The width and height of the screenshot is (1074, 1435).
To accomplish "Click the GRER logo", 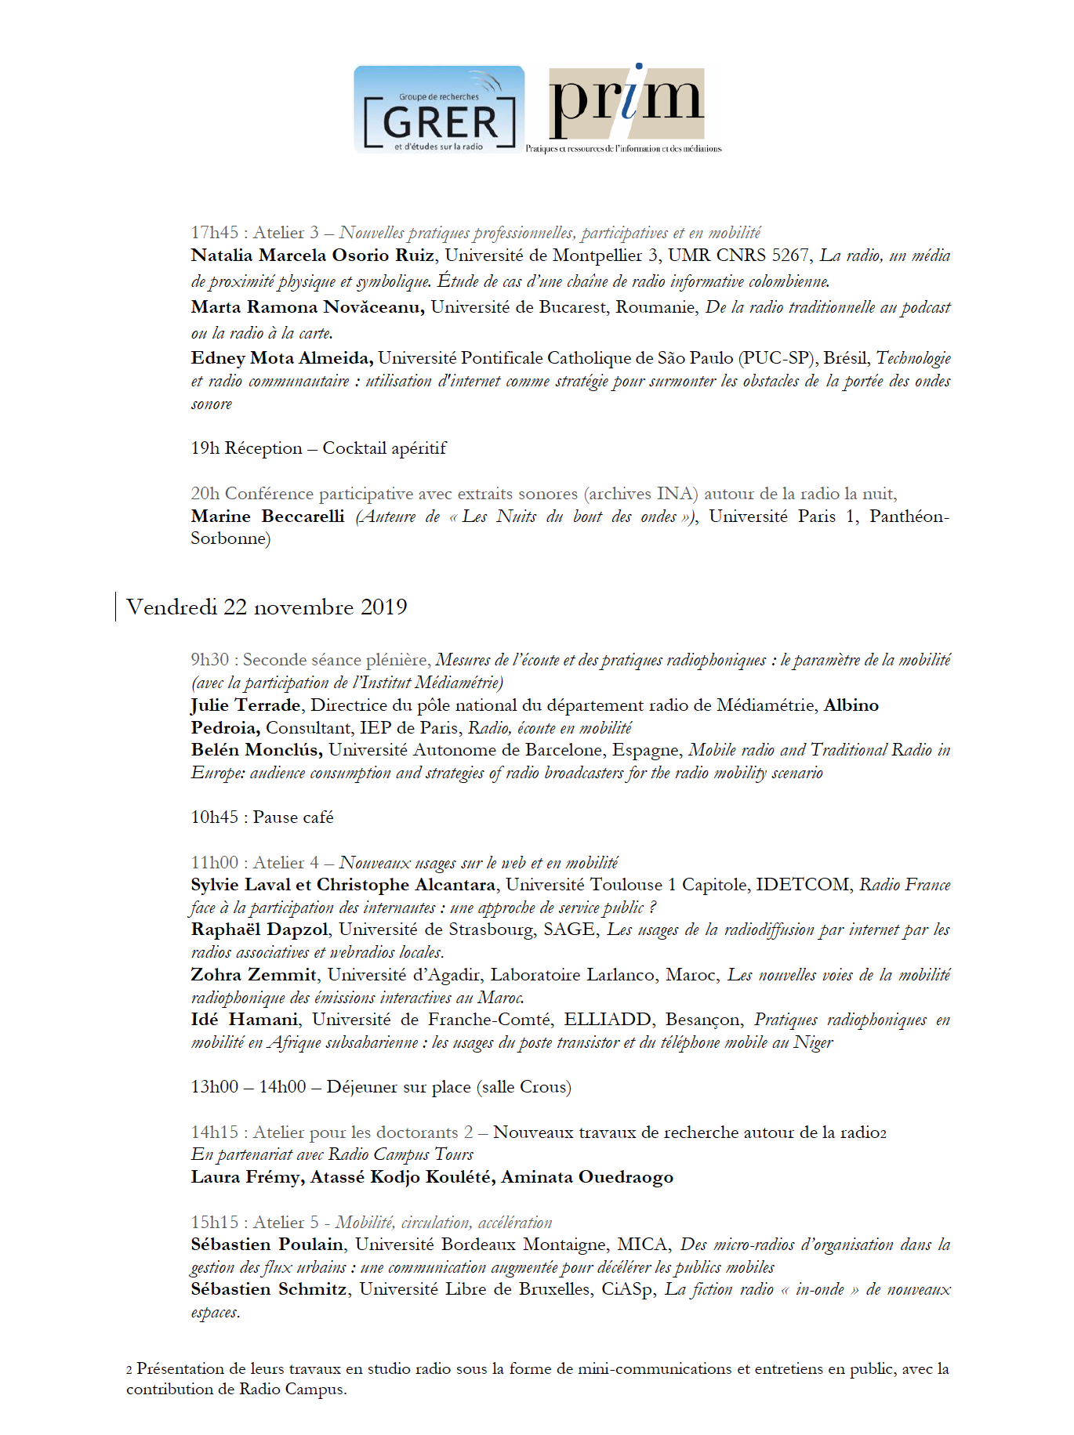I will point(439,109).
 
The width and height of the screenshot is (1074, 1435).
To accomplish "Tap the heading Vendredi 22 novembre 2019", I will point(267,607).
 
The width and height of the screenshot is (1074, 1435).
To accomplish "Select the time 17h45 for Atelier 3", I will point(214,233).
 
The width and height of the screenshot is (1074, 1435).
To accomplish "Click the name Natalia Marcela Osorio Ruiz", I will point(312,255).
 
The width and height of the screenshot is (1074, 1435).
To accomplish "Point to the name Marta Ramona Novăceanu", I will point(307,307).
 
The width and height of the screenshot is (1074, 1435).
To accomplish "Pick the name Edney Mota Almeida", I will point(281,358).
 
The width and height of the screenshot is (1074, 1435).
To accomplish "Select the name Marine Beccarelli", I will point(267,516).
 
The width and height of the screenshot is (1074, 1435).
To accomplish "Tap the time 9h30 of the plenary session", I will point(210,660).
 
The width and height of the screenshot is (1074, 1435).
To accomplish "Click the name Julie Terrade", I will point(245,705).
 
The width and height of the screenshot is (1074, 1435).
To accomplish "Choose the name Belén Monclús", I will point(256,750).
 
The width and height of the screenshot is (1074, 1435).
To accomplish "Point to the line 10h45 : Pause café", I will point(262,817).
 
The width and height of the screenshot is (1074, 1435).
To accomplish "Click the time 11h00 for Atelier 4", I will point(214,863).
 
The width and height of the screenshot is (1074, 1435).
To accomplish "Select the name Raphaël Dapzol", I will point(259,930).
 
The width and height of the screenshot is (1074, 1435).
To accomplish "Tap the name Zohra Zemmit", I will point(253,975).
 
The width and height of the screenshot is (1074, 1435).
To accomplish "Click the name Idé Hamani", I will point(244,1020).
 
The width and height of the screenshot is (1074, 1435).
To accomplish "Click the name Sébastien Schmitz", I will point(268,1289).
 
